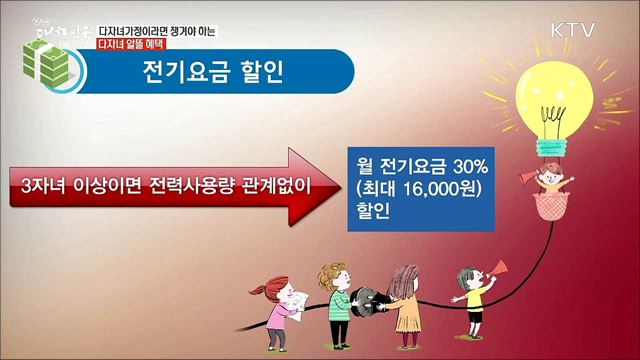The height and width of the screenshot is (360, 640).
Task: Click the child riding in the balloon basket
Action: (x=550, y=183)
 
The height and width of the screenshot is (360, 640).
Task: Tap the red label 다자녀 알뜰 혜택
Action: (x=129, y=45)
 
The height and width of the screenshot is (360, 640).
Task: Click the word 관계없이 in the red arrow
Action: (x=267, y=185)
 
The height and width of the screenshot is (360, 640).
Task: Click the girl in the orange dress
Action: (x=405, y=300)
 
